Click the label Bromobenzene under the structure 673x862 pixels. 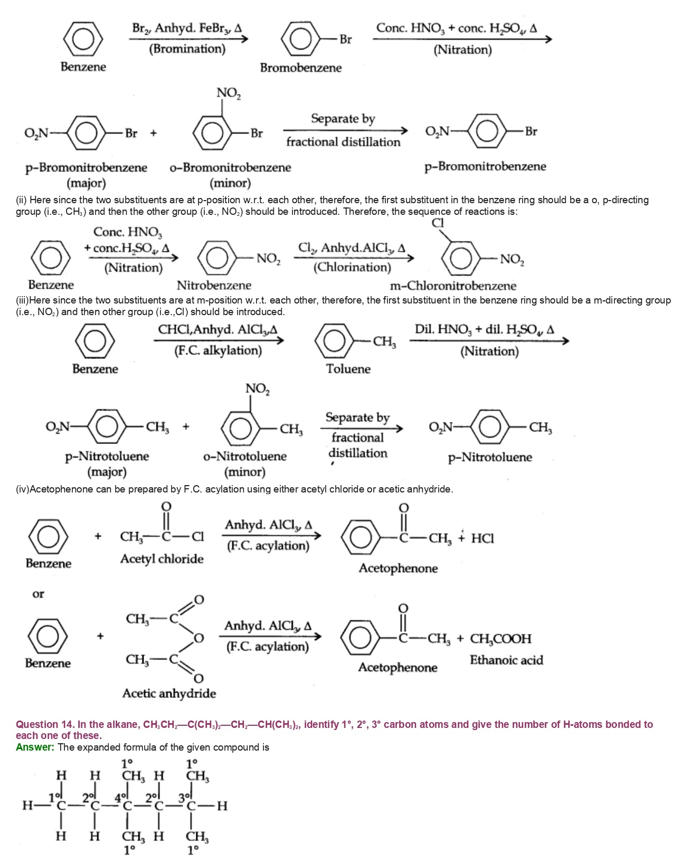click(300, 68)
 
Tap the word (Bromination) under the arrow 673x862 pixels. click(187, 49)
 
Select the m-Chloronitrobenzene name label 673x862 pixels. click(453, 286)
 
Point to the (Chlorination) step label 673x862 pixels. click(352, 267)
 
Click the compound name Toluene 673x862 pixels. click(348, 368)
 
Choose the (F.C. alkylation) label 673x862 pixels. click(218, 351)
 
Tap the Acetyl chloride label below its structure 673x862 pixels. click(162, 558)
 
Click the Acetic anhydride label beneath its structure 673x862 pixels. click(169, 693)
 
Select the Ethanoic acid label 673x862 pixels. click(506, 660)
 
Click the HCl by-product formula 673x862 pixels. click(482, 538)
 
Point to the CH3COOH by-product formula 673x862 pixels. click(500, 639)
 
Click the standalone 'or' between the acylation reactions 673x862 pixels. click(38, 594)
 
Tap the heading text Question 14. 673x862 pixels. click(44, 724)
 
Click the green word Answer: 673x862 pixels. click(35, 747)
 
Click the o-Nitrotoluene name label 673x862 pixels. click(245, 456)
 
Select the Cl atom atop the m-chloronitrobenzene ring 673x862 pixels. click(438, 223)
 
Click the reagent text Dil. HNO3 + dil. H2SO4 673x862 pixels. click(484, 329)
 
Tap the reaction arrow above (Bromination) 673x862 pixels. click(188, 39)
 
